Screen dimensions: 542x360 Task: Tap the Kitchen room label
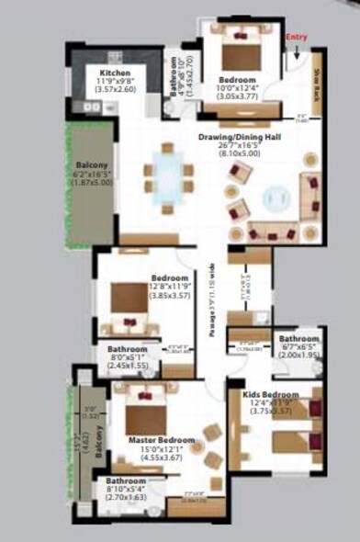(x=115, y=72)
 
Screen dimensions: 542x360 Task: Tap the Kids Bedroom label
(x=268, y=393)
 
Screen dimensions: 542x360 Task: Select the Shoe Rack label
(x=316, y=84)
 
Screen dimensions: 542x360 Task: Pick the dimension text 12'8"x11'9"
(x=170, y=287)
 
